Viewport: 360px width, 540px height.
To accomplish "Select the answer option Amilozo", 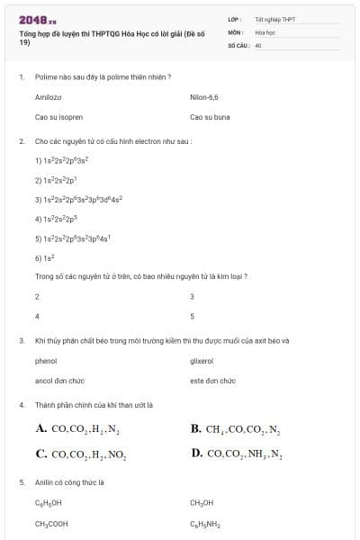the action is tap(48, 95).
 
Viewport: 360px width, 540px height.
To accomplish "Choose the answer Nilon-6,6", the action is tap(204, 95).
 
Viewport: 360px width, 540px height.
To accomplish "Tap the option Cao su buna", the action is tap(210, 117).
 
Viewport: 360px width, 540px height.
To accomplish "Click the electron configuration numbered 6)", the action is tap(43, 257).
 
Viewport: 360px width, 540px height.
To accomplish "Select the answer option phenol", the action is tap(46, 360).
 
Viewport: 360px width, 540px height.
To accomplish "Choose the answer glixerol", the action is tap(202, 360).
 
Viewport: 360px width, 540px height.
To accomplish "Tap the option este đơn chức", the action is tap(212, 381).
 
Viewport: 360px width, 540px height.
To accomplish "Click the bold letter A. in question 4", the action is tap(41, 429).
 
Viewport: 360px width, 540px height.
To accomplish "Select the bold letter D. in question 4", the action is tap(197, 454).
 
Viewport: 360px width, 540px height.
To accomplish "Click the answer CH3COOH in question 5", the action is tap(51, 523).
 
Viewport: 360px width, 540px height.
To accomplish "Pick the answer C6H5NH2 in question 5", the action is tap(205, 523).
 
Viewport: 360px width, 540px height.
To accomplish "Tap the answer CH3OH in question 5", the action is tap(202, 502).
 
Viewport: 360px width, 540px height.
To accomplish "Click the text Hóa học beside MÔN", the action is tap(265, 31).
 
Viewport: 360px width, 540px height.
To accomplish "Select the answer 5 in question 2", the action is tap(193, 316).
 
